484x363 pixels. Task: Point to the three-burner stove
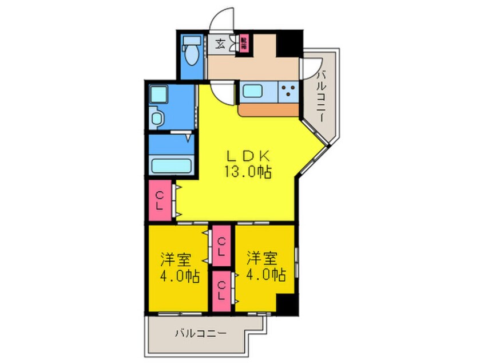(289, 91)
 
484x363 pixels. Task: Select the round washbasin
(156, 118)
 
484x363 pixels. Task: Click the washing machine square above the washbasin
(156, 93)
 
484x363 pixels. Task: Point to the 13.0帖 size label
(248, 171)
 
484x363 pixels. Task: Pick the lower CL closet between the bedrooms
(221, 290)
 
